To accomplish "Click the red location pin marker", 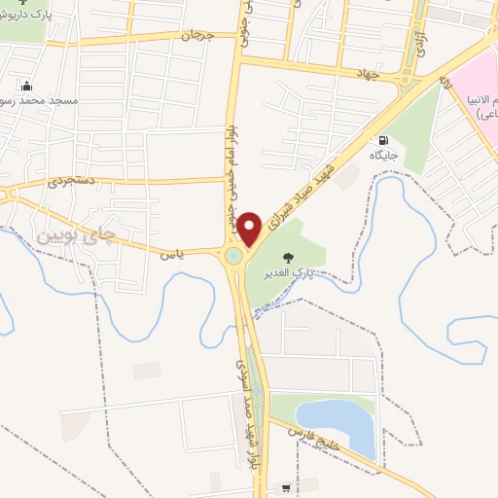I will [x=250, y=229].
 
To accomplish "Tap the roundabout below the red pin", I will [x=234, y=257].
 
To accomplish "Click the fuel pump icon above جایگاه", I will [x=382, y=140].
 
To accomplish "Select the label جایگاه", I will [x=382, y=156].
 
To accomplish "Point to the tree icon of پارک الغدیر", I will [x=287, y=257].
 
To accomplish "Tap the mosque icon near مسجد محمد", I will [x=26, y=85].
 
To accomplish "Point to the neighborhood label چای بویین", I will [x=74, y=234].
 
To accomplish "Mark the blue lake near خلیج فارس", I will [x=336, y=424].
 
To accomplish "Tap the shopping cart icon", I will [x=286, y=487].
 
